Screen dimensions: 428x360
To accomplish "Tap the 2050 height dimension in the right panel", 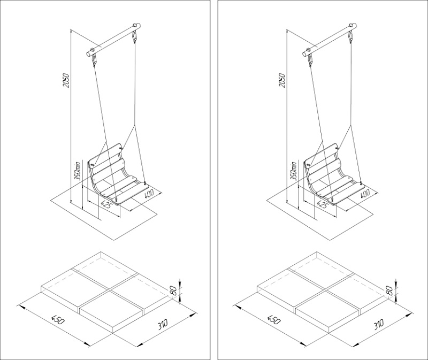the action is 282,81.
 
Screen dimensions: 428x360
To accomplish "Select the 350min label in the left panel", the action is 78,171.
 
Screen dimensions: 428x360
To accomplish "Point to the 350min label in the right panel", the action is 293,171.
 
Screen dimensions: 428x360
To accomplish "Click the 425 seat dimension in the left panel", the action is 106,204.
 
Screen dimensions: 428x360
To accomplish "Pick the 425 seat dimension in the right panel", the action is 322,204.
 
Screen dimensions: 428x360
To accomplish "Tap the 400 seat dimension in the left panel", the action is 149,195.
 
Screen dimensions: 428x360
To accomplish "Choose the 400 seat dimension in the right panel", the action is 365,195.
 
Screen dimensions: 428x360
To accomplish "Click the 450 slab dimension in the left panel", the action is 58,319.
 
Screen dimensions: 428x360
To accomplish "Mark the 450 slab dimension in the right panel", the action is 274,319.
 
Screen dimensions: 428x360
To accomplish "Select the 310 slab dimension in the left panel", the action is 163,324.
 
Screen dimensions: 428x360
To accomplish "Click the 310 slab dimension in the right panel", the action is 379,324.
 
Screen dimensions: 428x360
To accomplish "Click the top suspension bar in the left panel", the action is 114,40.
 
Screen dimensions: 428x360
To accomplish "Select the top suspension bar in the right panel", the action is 330,40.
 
